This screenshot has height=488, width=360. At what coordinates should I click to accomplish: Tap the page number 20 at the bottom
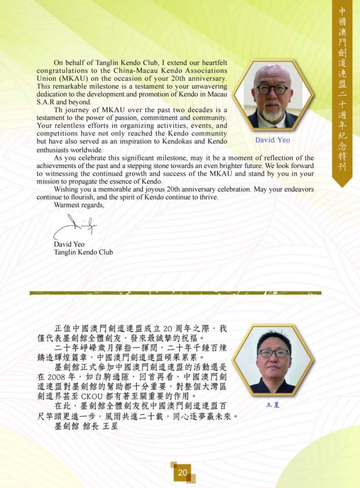tap(183, 472)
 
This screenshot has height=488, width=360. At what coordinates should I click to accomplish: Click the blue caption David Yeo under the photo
tap(272, 141)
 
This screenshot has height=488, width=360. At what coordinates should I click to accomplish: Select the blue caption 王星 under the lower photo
tap(273, 405)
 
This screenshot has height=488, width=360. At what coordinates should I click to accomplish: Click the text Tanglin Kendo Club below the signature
tap(83, 252)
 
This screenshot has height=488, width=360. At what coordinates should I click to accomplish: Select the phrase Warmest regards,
tap(79, 205)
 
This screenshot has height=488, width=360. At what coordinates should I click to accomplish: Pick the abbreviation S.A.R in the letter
tap(46, 102)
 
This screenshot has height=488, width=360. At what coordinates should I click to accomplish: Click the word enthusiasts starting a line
tap(57, 150)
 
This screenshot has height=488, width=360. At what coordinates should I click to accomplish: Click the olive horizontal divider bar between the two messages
tap(175, 293)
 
